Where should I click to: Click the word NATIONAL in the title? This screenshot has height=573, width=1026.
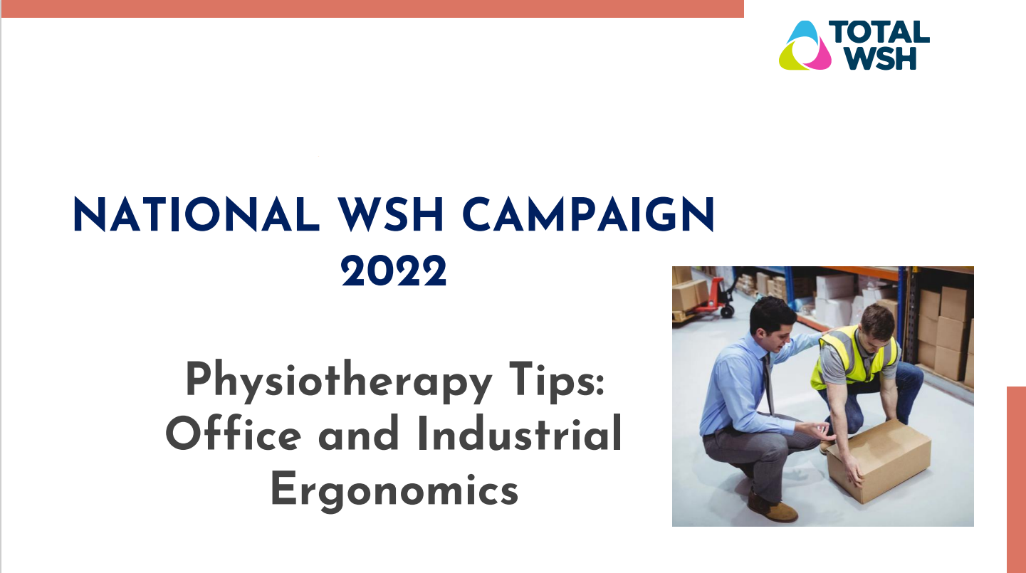coord(196,214)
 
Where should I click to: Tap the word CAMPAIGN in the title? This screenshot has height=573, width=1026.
coord(589,214)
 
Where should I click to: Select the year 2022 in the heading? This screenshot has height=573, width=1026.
coord(394,270)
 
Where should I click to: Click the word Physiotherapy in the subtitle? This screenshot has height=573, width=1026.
coord(339,382)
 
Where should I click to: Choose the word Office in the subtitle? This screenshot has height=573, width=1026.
coord(234,433)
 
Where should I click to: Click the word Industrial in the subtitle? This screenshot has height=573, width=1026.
coord(520,433)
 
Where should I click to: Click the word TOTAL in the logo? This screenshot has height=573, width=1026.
coord(879,32)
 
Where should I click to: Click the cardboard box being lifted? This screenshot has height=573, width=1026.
coord(879,461)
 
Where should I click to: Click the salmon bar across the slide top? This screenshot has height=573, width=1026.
coord(373,9)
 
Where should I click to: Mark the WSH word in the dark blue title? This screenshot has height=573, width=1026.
coord(391,214)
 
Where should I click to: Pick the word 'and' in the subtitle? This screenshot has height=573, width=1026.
coord(358,433)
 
